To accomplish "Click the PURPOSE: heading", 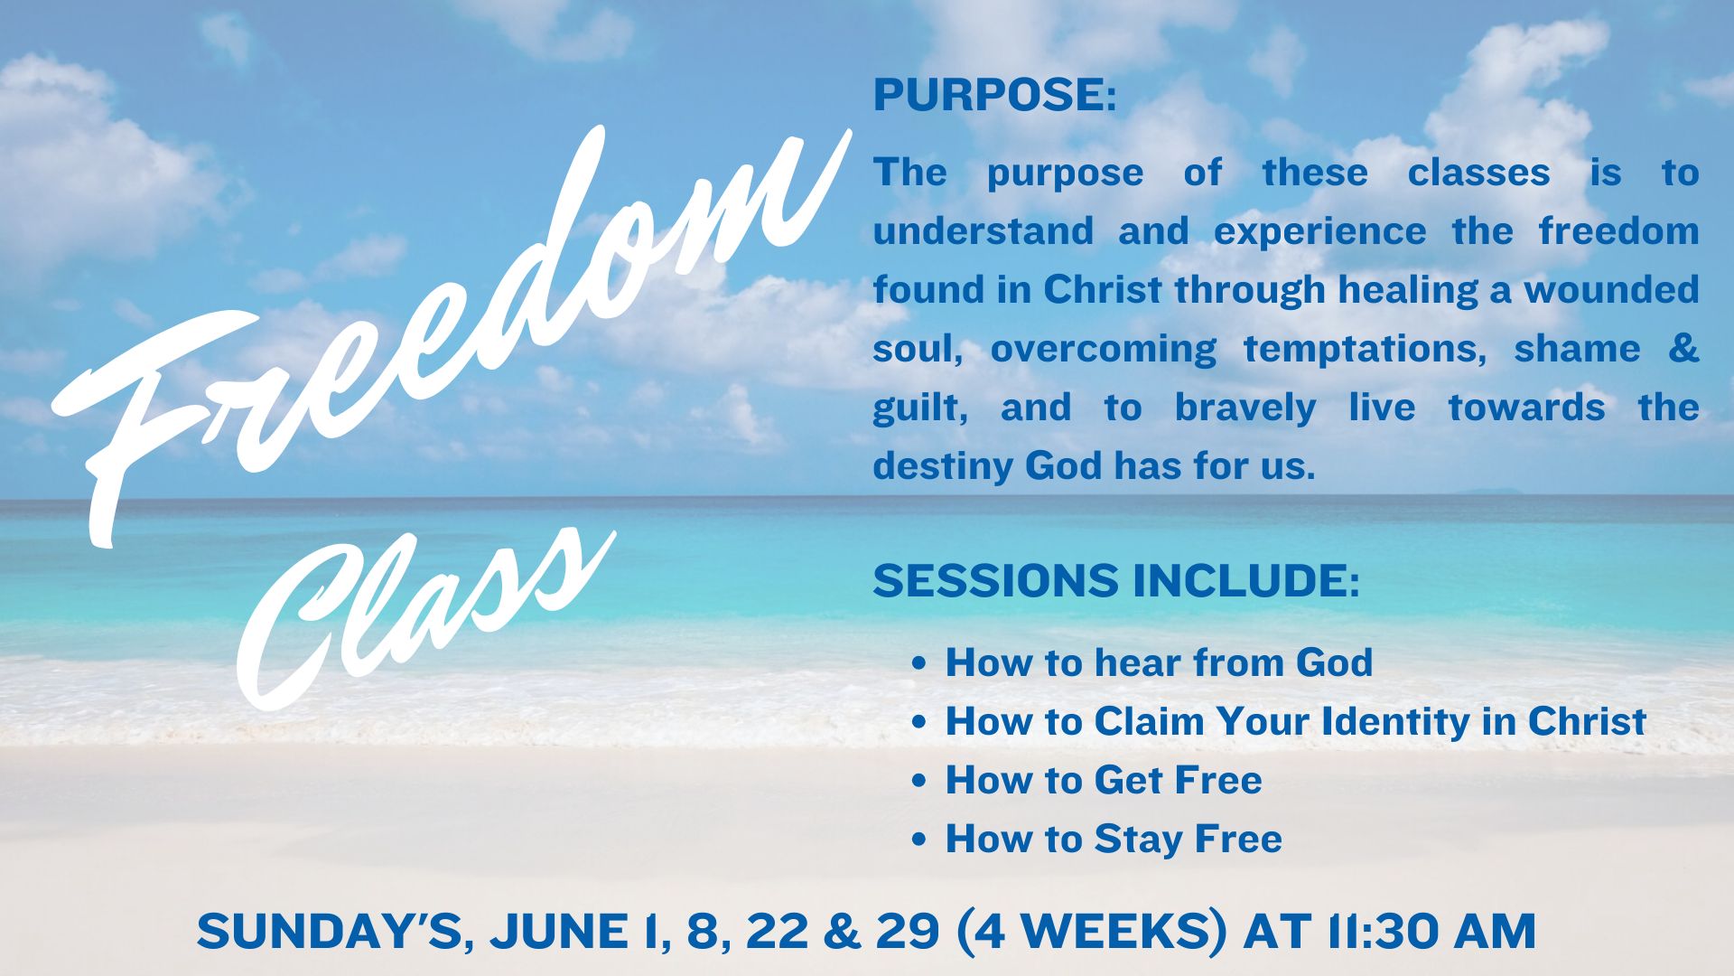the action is (994, 96).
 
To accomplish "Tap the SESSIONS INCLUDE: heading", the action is (1116, 580).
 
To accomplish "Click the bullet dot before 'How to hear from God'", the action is (919, 664).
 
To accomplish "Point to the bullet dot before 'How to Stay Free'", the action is (919, 840).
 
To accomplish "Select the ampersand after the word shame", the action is (1683, 348).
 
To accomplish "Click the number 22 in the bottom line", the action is (778, 932).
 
